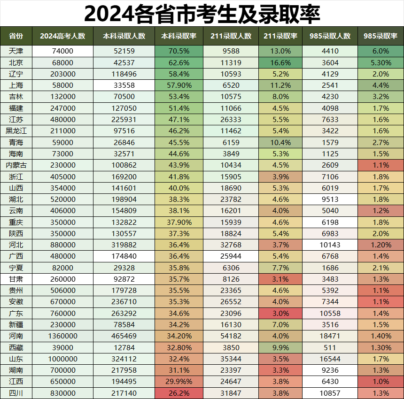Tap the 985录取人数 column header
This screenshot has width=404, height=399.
click(x=330, y=36)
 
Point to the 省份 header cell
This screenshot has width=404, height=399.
click(x=16, y=36)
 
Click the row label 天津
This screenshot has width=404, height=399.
click(x=16, y=51)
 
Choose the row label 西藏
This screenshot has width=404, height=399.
click(x=16, y=347)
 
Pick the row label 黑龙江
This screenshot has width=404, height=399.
click(x=16, y=131)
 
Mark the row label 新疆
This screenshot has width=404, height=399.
click(x=16, y=324)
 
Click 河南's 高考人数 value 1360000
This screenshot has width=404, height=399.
click(x=62, y=336)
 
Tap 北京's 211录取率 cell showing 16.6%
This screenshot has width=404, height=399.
click(x=280, y=62)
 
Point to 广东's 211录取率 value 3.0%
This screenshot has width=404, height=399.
click(x=280, y=313)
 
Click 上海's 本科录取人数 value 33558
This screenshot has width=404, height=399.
click(x=124, y=85)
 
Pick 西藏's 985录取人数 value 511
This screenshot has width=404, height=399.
click(x=330, y=347)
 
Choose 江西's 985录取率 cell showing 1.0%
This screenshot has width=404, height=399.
click(x=380, y=382)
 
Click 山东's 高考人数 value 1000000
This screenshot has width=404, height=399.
click(x=62, y=359)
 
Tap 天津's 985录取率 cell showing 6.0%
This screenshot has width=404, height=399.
click(x=380, y=51)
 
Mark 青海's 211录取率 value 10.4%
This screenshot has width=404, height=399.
click(x=280, y=142)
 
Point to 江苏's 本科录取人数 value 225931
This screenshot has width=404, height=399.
click(x=124, y=120)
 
